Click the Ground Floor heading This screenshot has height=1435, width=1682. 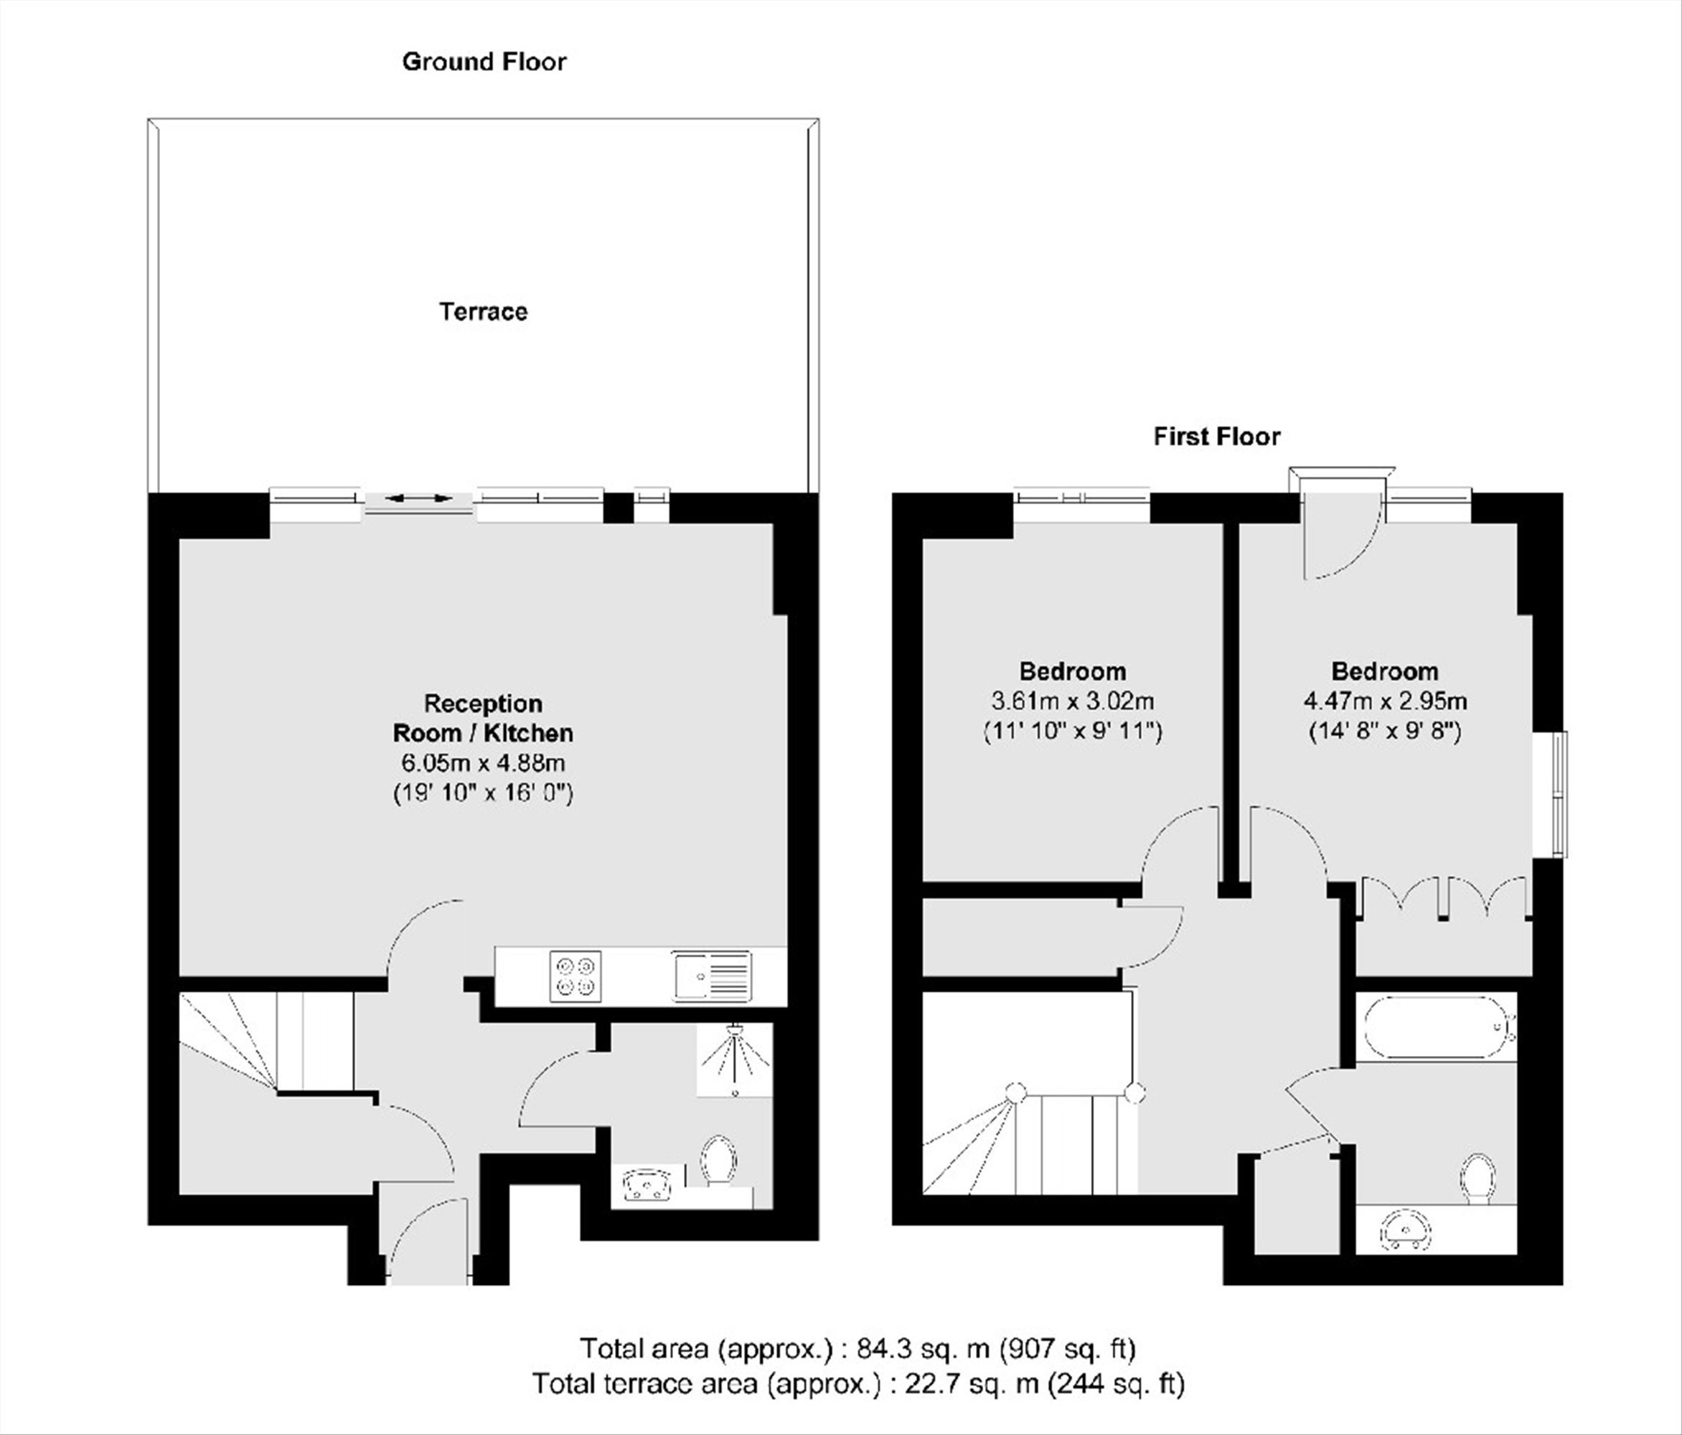tap(484, 62)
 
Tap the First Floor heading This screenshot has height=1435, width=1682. tap(1217, 437)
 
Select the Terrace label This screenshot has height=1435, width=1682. tap(484, 312)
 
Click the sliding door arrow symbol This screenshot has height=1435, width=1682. tap(419, 497)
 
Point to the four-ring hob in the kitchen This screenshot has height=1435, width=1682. tap(575, 975)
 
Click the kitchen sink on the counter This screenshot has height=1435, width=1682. tap(712, 975)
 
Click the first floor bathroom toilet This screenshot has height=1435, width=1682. tap(1477, 1180)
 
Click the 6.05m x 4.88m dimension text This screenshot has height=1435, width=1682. tap(484, 763)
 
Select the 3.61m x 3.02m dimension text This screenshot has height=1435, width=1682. tap(1073, 700)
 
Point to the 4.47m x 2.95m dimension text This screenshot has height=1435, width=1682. tap(1385, 700)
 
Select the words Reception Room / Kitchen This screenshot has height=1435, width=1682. tap(484, 718)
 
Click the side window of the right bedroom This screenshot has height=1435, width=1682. tap(1559, 794)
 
